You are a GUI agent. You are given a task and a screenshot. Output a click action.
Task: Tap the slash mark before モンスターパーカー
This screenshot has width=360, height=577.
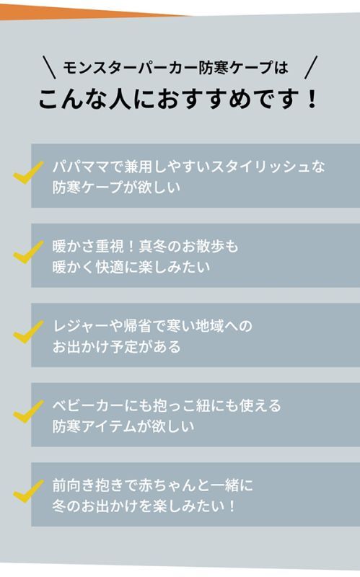[49, 67]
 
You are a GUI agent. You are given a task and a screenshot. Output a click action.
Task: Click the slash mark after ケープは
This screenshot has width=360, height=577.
[311, 67]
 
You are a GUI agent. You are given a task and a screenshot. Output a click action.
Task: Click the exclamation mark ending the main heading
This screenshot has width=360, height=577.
[312, 99]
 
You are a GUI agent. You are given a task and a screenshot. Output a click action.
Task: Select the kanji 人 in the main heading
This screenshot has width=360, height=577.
[120, 99]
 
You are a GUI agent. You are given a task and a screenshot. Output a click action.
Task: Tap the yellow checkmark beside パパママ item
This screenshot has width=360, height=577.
[28, 172]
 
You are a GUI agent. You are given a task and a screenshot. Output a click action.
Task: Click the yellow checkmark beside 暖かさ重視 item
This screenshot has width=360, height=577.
[28, 252]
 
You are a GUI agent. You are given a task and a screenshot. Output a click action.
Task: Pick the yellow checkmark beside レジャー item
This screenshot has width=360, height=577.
[28, 332]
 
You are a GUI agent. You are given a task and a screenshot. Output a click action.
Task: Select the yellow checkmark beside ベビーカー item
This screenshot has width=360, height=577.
[28, 411]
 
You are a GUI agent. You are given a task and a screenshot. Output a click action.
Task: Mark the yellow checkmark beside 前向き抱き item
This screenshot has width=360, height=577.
[28, 491]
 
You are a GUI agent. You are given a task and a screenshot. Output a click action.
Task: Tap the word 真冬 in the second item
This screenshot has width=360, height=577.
[153, 246]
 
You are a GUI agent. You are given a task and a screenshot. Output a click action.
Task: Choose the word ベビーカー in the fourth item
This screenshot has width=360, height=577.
[88, 405]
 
